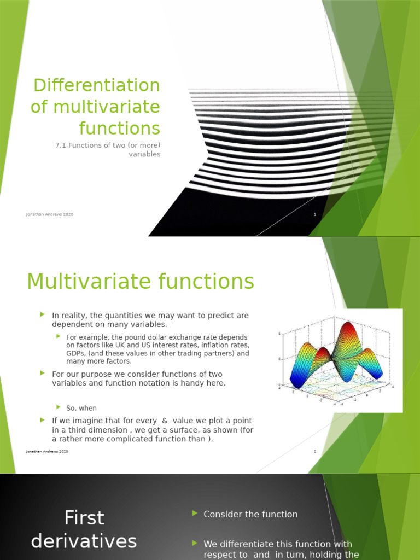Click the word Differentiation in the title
pyautogui.click(x=96, y=85)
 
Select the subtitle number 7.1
pyautogui.click(x=61, y=144)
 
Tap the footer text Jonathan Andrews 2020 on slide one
pyautogui.click(x=50, y=214)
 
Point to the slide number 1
pyautogui.click(x=315, y=214)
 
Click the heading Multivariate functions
pyautogui.click(x=141, y=282)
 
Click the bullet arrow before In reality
pyautogui.click(x=42, y=314)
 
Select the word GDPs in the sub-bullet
pyautogui.click(x=75, y=353)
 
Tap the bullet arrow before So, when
pyautogui.click(x=58, y=407)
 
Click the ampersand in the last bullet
pyautogui.click(x=165, y=421)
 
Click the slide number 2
pyautogui.click(x=315, y=451)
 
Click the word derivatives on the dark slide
pyautogui.click(x=84, y=541)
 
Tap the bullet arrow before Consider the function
pyautogui.click(x=195, y=513)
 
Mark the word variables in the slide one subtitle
pyautogui.click(x=144, y=154)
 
